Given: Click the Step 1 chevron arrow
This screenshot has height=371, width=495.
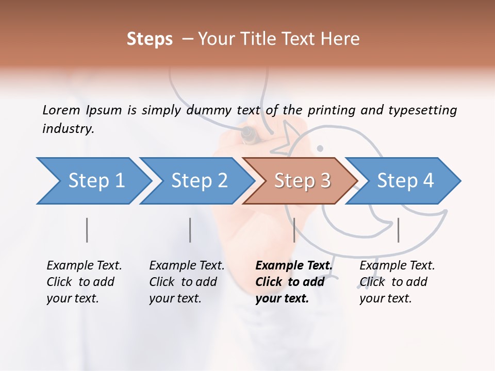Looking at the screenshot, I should (x=95, y=181).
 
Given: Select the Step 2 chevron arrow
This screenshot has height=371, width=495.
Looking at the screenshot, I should (x=198, y=181).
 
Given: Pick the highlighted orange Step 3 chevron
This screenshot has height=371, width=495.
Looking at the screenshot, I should (x=301, y=181).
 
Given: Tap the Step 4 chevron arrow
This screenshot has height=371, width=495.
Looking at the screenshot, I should (x=404, y=181).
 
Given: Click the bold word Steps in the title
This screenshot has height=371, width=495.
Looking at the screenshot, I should (x=150, y=39).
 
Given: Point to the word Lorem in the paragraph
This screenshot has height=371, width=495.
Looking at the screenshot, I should (x=61, y=110).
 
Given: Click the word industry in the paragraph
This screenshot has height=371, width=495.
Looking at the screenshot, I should (x=68, y=129).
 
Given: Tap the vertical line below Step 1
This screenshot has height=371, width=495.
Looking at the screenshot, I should (x=87, y=230).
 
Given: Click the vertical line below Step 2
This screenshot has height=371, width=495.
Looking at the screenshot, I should (x=190, y=230).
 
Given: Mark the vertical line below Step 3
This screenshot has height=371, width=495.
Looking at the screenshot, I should (x=294, y=230).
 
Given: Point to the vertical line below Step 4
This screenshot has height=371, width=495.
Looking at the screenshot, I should (x=398, y=230).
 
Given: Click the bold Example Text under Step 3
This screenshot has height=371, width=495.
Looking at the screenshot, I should (x=293, y=282).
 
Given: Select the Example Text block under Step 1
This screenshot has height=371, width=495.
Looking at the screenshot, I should (x=84, y=282).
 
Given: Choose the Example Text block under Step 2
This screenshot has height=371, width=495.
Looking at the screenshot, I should (x=187, y=282).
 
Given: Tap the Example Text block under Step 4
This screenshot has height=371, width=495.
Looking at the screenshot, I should (x=397, y=282).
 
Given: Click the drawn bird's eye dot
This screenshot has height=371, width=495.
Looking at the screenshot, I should (x=320, y=149).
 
